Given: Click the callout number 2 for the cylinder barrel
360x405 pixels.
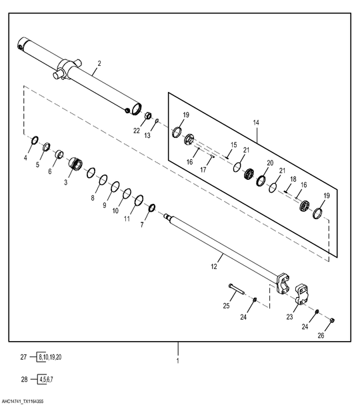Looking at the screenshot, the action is pyautogui.click(x=99, y=63).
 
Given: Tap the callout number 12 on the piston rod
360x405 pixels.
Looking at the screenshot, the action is pyautogui.click(x=214, y=266).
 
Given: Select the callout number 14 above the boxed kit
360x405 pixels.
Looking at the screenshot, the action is pyautogui.click(x=256, y=123).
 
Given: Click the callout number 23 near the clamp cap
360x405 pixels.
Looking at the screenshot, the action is pyautogui.click(x=290, y=316).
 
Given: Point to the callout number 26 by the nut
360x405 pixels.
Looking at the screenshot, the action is pyautogui.click(x=321, y=336).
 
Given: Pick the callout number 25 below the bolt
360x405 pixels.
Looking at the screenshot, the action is pyautogui.click(x=227, y=306).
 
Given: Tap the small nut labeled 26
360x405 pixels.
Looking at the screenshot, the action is pyautogui.click(x=333, y=320).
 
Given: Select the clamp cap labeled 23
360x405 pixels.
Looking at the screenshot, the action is pyautogui.click(x=301, y=295).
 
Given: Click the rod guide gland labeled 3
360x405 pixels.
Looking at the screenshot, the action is pyautogui.click(x=75, y=163).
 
